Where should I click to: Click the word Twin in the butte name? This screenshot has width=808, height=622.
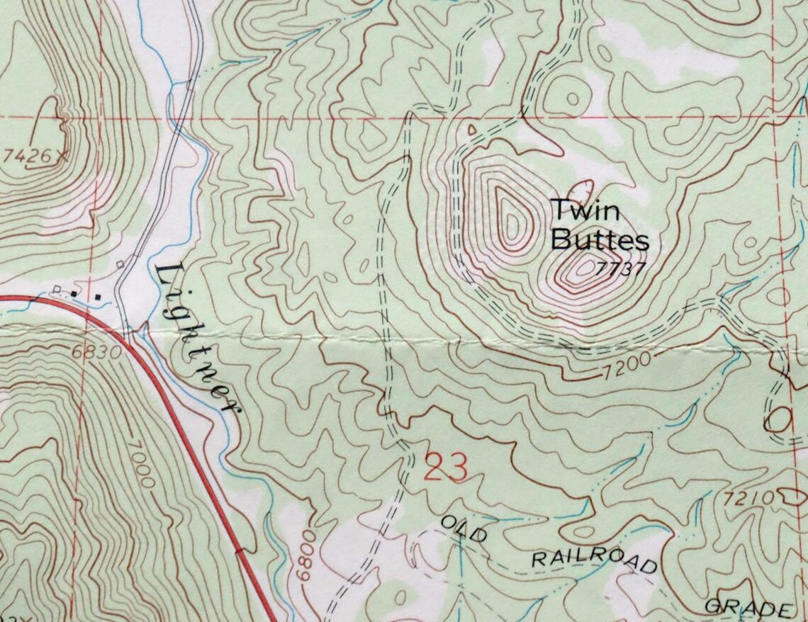(575, 211)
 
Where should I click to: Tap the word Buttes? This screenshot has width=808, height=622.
(599, 240)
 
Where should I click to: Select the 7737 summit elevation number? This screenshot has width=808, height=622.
(621, 269)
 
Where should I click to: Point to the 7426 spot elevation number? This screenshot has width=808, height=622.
(27, 157)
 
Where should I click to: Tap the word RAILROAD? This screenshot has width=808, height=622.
(594, 560)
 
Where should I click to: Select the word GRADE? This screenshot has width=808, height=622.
(748, 609)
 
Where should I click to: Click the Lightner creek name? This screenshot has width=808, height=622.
(198, 337)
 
